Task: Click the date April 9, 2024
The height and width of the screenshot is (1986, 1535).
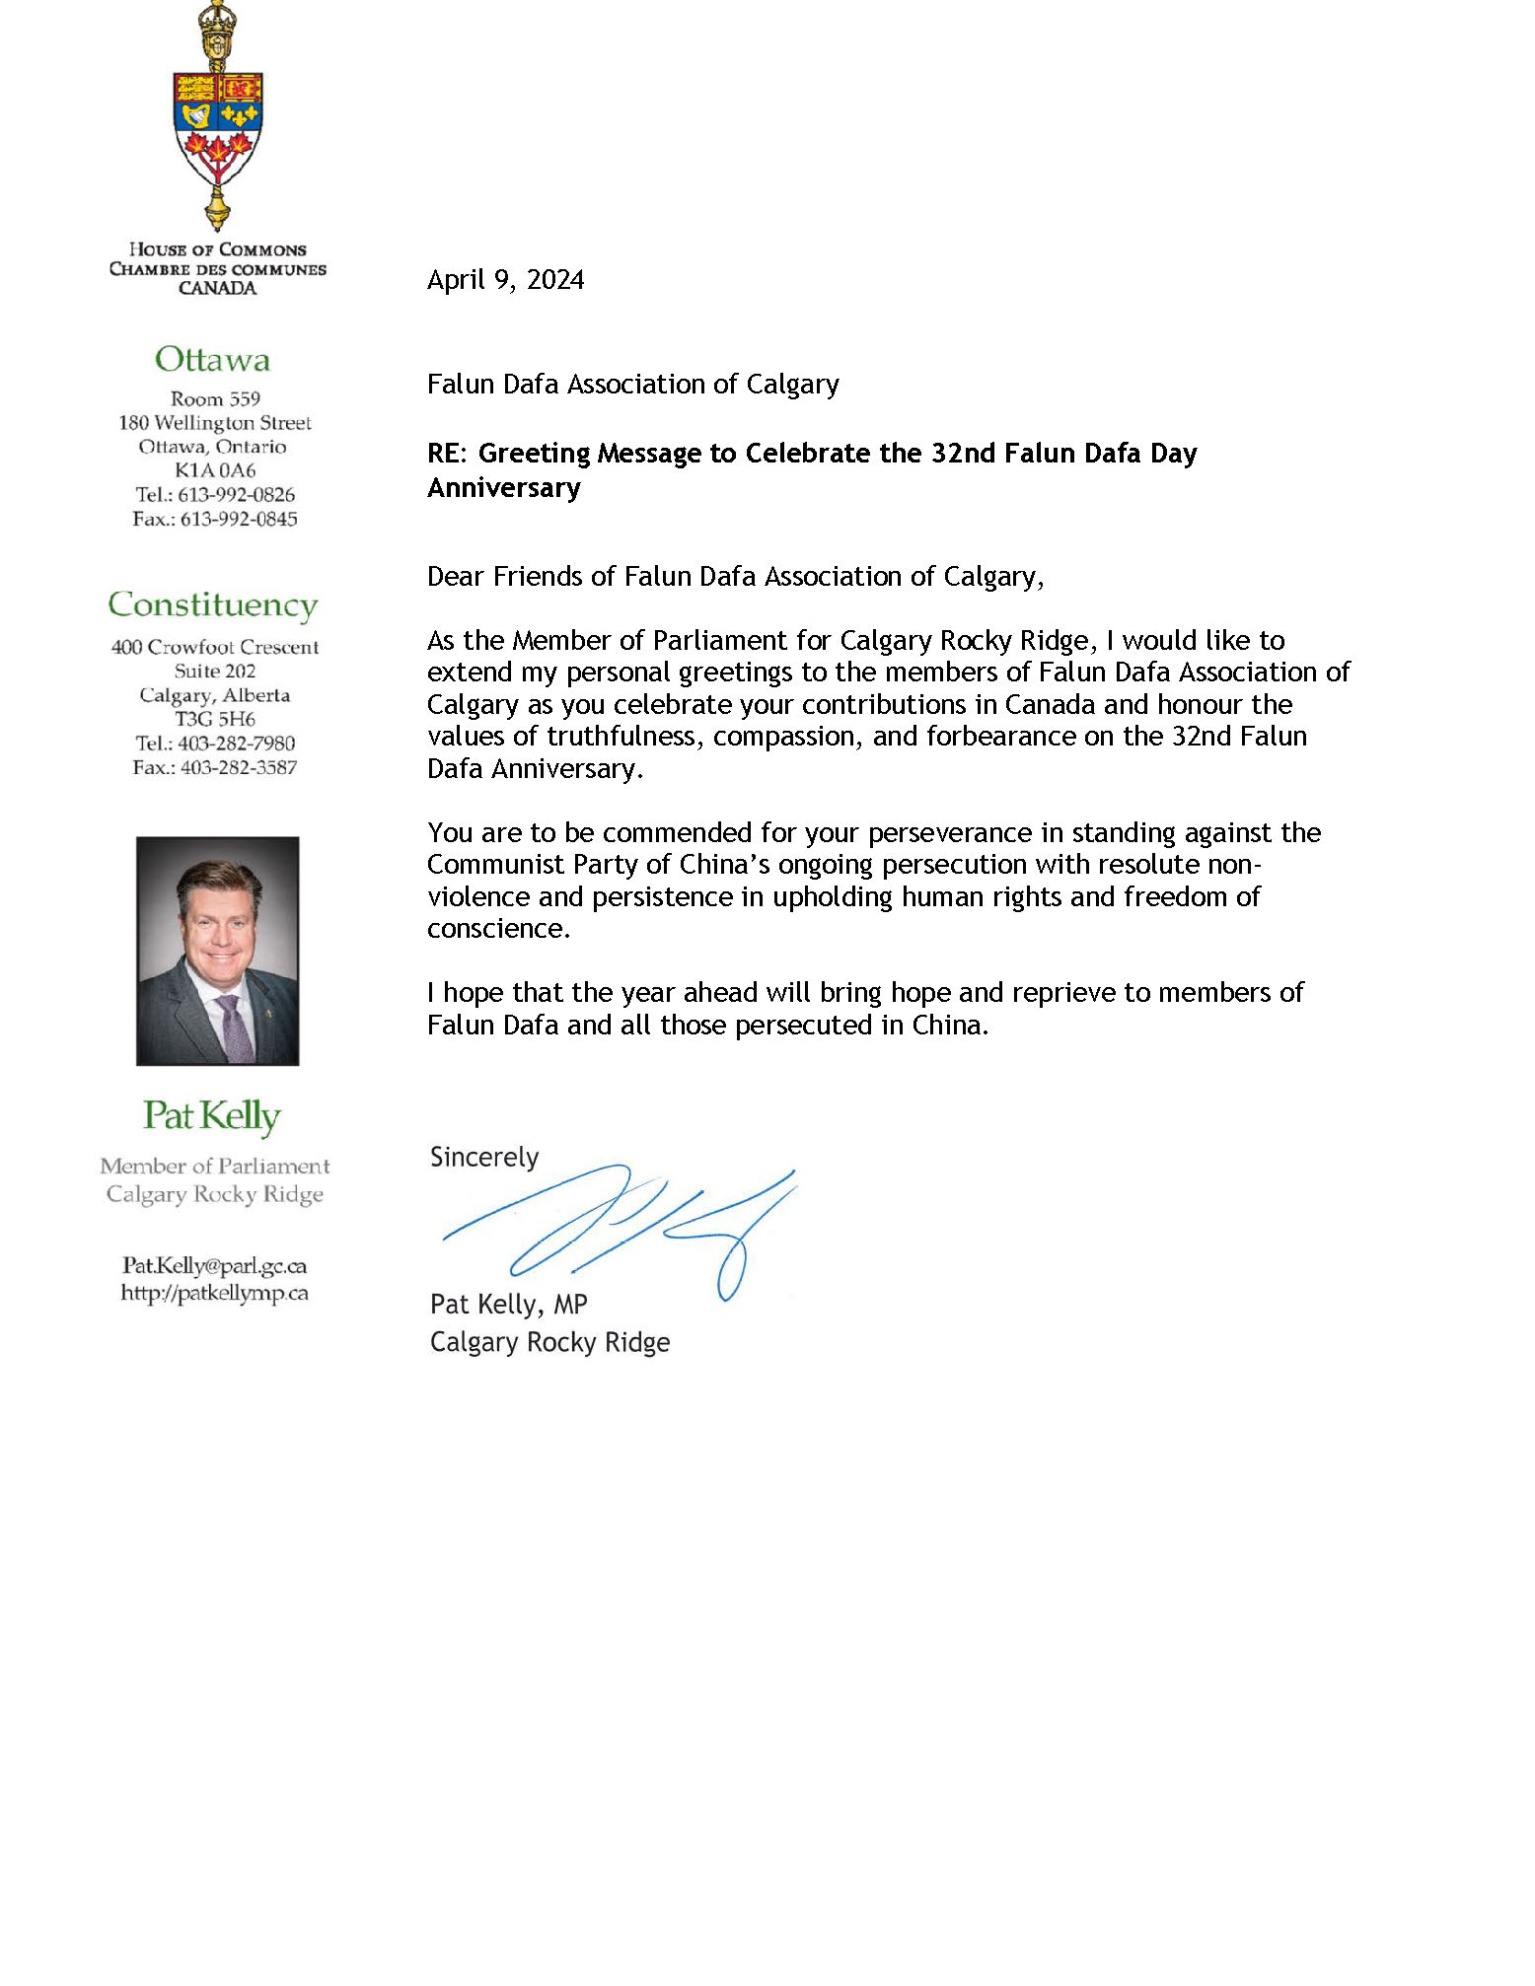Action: (505, 280)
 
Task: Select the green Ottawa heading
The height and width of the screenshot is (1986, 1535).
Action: (212, 360)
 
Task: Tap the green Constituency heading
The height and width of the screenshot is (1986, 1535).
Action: (213, 604)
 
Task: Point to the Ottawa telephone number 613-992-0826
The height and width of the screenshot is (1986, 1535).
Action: (236, 495)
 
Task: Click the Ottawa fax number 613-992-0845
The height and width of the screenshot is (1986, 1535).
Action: (238, 519)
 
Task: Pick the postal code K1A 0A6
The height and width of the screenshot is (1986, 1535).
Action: (215, 470)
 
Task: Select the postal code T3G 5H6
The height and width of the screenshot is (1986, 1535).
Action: (215, 719)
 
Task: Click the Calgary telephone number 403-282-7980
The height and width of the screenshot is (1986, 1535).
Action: (236, 744)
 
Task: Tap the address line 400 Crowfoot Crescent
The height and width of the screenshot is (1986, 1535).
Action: (215, 647)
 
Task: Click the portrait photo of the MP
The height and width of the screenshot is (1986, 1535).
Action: (217, 951)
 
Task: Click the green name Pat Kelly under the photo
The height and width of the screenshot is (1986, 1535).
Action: (212, 1115)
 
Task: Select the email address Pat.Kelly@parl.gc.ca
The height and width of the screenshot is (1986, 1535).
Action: (214, 1265)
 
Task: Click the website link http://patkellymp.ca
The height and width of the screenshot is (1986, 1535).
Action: (214, 1293)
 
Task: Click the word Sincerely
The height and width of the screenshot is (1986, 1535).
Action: (484, 1157)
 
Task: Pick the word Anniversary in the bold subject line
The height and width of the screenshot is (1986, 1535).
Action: (504, 488)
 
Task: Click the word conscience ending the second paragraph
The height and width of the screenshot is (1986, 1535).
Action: (497, 929)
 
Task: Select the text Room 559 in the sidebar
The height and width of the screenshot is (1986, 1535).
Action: (215, 399)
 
